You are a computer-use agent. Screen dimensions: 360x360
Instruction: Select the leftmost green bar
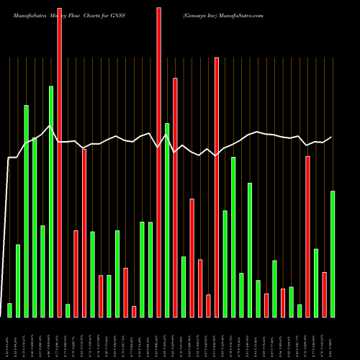pos(9,310)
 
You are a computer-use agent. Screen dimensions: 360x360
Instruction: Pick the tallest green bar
pos(51,201)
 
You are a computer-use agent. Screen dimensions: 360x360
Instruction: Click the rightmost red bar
pos(324,294)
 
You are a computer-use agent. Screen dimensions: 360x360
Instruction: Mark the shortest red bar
pos(134,311)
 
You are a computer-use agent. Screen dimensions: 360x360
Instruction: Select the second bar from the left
pos(18,281)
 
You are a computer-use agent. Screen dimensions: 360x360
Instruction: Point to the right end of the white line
pos(331,137)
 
